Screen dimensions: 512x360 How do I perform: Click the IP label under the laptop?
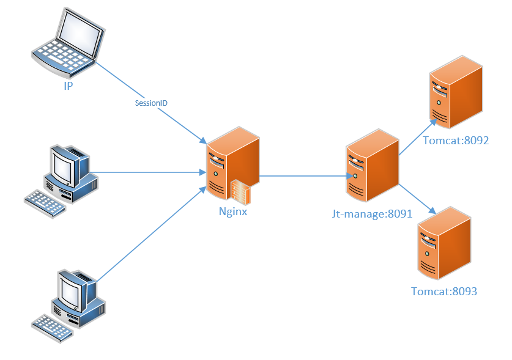coord(69,86)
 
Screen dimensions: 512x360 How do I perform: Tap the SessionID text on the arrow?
coord(151,103)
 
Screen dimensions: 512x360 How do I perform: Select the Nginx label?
coord(233,211)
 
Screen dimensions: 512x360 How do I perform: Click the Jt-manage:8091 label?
coord(373,214)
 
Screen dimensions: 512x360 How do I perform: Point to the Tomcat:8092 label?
coord(456,141)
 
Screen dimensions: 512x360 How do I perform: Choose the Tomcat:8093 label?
coord(444,291)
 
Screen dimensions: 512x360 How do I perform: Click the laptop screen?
coord(80,33)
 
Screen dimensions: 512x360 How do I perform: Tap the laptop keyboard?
coord(62,56)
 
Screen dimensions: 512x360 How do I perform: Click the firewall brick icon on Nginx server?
coord(241,193)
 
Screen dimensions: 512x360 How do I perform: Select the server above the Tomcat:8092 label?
coord(456,92)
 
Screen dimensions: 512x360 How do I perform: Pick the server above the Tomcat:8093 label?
coord(444,243)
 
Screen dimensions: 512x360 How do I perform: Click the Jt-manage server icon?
coord(373,165)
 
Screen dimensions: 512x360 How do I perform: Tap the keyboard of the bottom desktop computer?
coord(52,328)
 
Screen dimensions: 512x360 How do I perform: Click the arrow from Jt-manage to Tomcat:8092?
coord(418,137)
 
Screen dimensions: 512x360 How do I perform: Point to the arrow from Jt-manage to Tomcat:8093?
coord(417,199)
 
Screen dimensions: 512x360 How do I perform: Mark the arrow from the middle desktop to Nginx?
coord(148,172)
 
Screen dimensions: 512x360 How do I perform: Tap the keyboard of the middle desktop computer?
coord(45,204)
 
